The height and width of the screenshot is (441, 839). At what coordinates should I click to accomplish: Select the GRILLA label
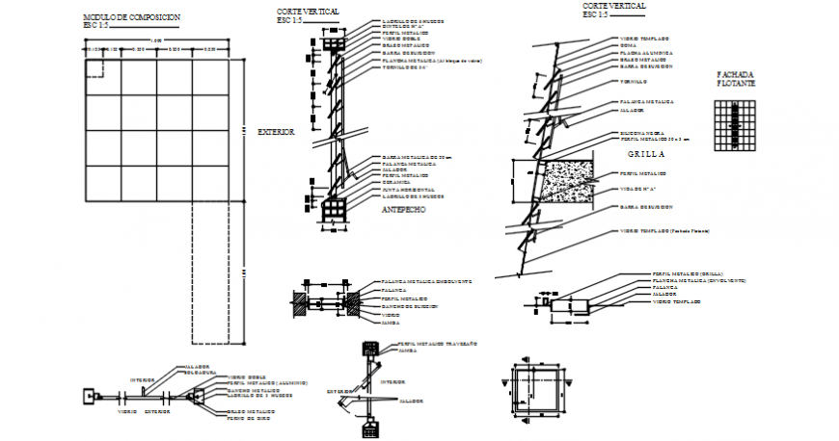[648, 154]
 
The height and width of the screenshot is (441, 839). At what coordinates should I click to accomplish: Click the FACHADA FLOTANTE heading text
[737, 79]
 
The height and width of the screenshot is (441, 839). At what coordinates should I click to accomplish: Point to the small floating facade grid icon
[736, 126]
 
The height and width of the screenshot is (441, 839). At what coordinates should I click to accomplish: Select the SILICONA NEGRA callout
[641, 132]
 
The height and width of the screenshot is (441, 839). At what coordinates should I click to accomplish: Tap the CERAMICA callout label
[397, 183]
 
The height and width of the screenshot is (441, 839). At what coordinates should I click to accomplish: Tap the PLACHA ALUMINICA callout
[645, 52]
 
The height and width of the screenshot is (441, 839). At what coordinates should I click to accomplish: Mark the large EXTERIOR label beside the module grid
[275, 132]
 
